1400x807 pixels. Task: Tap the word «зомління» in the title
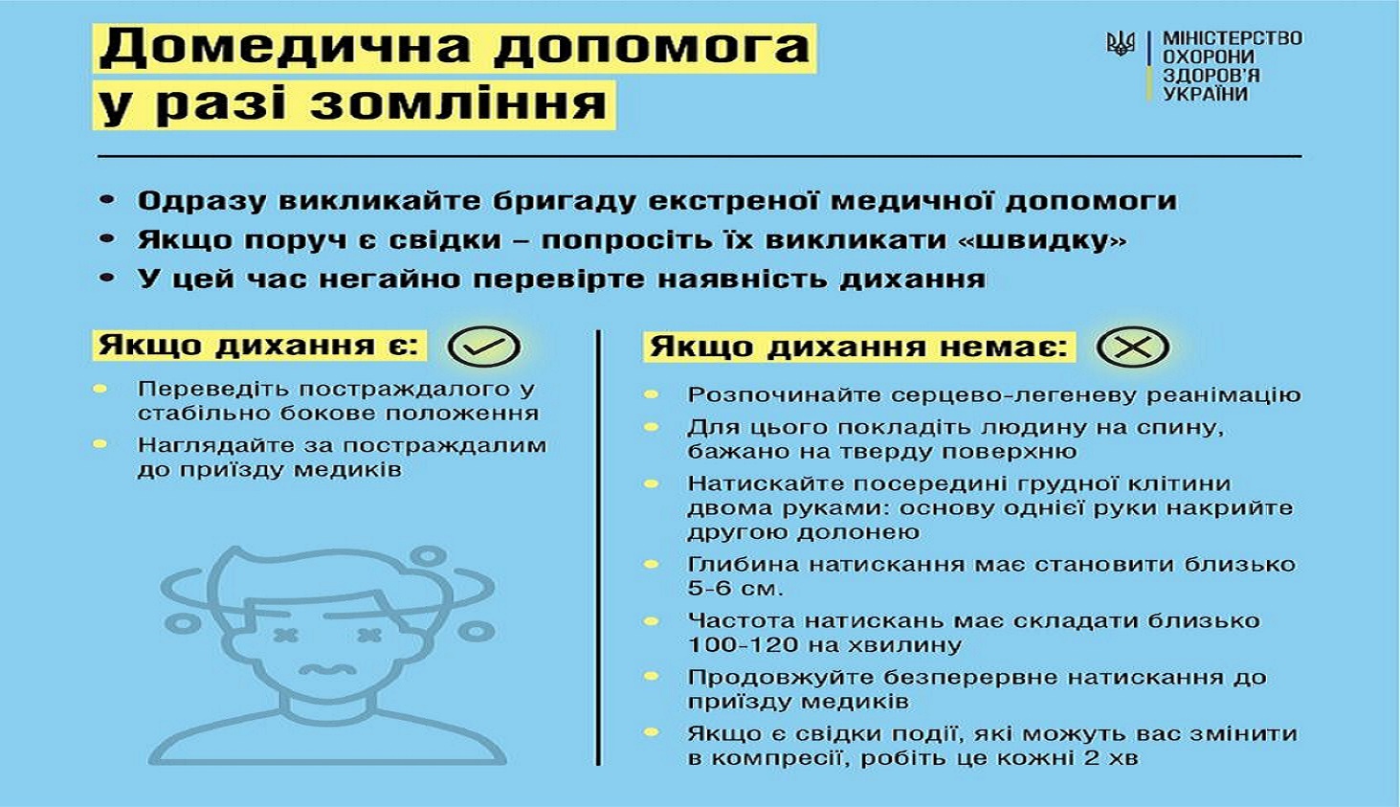(x=458, y=104)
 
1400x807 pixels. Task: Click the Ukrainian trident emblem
(x=1121, y=45)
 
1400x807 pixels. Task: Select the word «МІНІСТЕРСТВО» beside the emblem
(x=1233, y=38)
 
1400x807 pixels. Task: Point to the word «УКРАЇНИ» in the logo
(x=1205, y=95)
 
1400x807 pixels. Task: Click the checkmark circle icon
(x=484, y=347)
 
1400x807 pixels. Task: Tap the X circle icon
(x=1132, y=347)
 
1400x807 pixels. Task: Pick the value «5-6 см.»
(x=735, y=589)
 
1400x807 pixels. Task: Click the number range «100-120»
(x=743, y=645)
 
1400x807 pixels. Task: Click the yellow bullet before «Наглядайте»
(x=100, y=444)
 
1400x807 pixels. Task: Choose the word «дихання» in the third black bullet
(x=913, y=280)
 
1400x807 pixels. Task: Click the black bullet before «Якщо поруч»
(x=107, y=239)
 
